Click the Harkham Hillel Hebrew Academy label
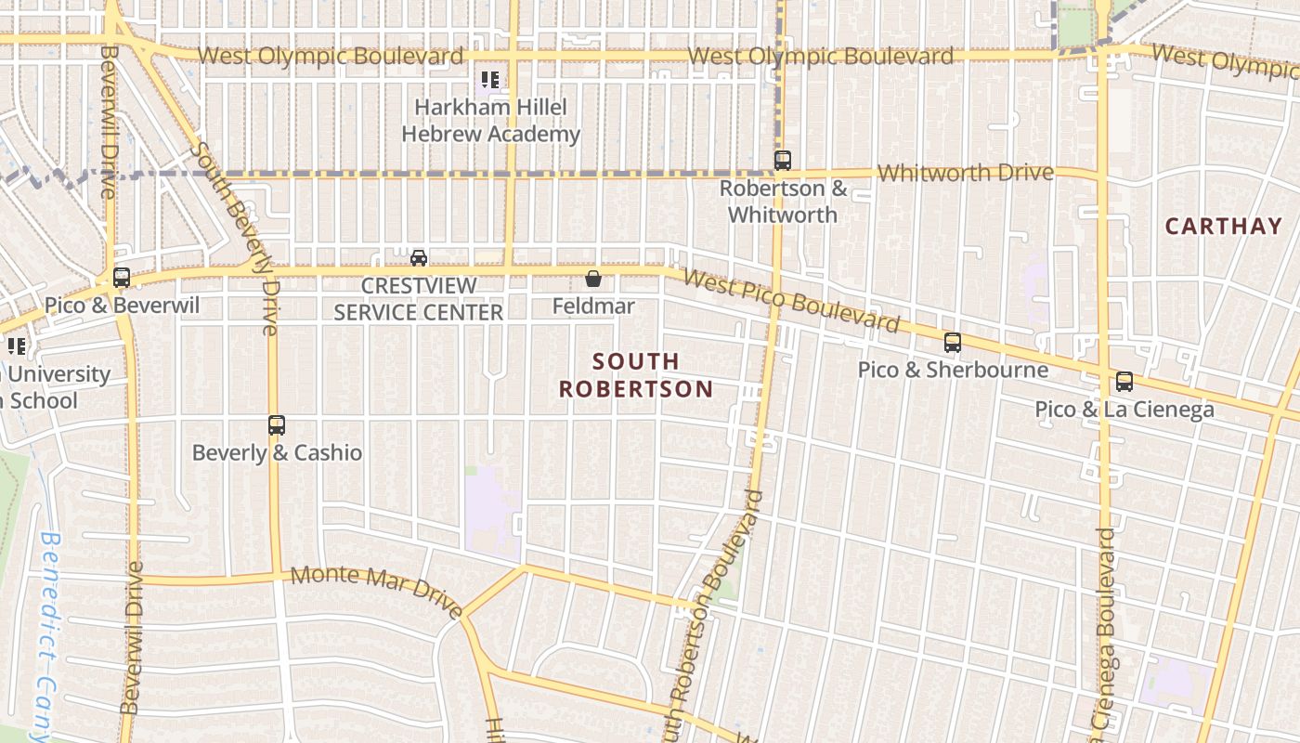coord(490,121)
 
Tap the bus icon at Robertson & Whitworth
coord(783,161)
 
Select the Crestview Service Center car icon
coord(419,257)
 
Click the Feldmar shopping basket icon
coord(593,278)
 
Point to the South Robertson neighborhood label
coord(636,375)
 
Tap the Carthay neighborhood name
coord(1223,226)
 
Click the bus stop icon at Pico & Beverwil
coord(122,277)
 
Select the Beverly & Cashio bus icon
coord(277,425)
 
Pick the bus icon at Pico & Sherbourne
coord(953,343)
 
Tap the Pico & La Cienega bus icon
coord(1124,381)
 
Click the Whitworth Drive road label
coord(966,173)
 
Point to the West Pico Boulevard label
coord(791,300)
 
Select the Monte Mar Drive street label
coord(377,589)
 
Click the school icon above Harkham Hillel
coord(490,81)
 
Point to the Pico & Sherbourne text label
coord(953,370)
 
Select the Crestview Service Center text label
coord(419,298)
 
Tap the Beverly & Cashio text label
coord(277,453)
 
